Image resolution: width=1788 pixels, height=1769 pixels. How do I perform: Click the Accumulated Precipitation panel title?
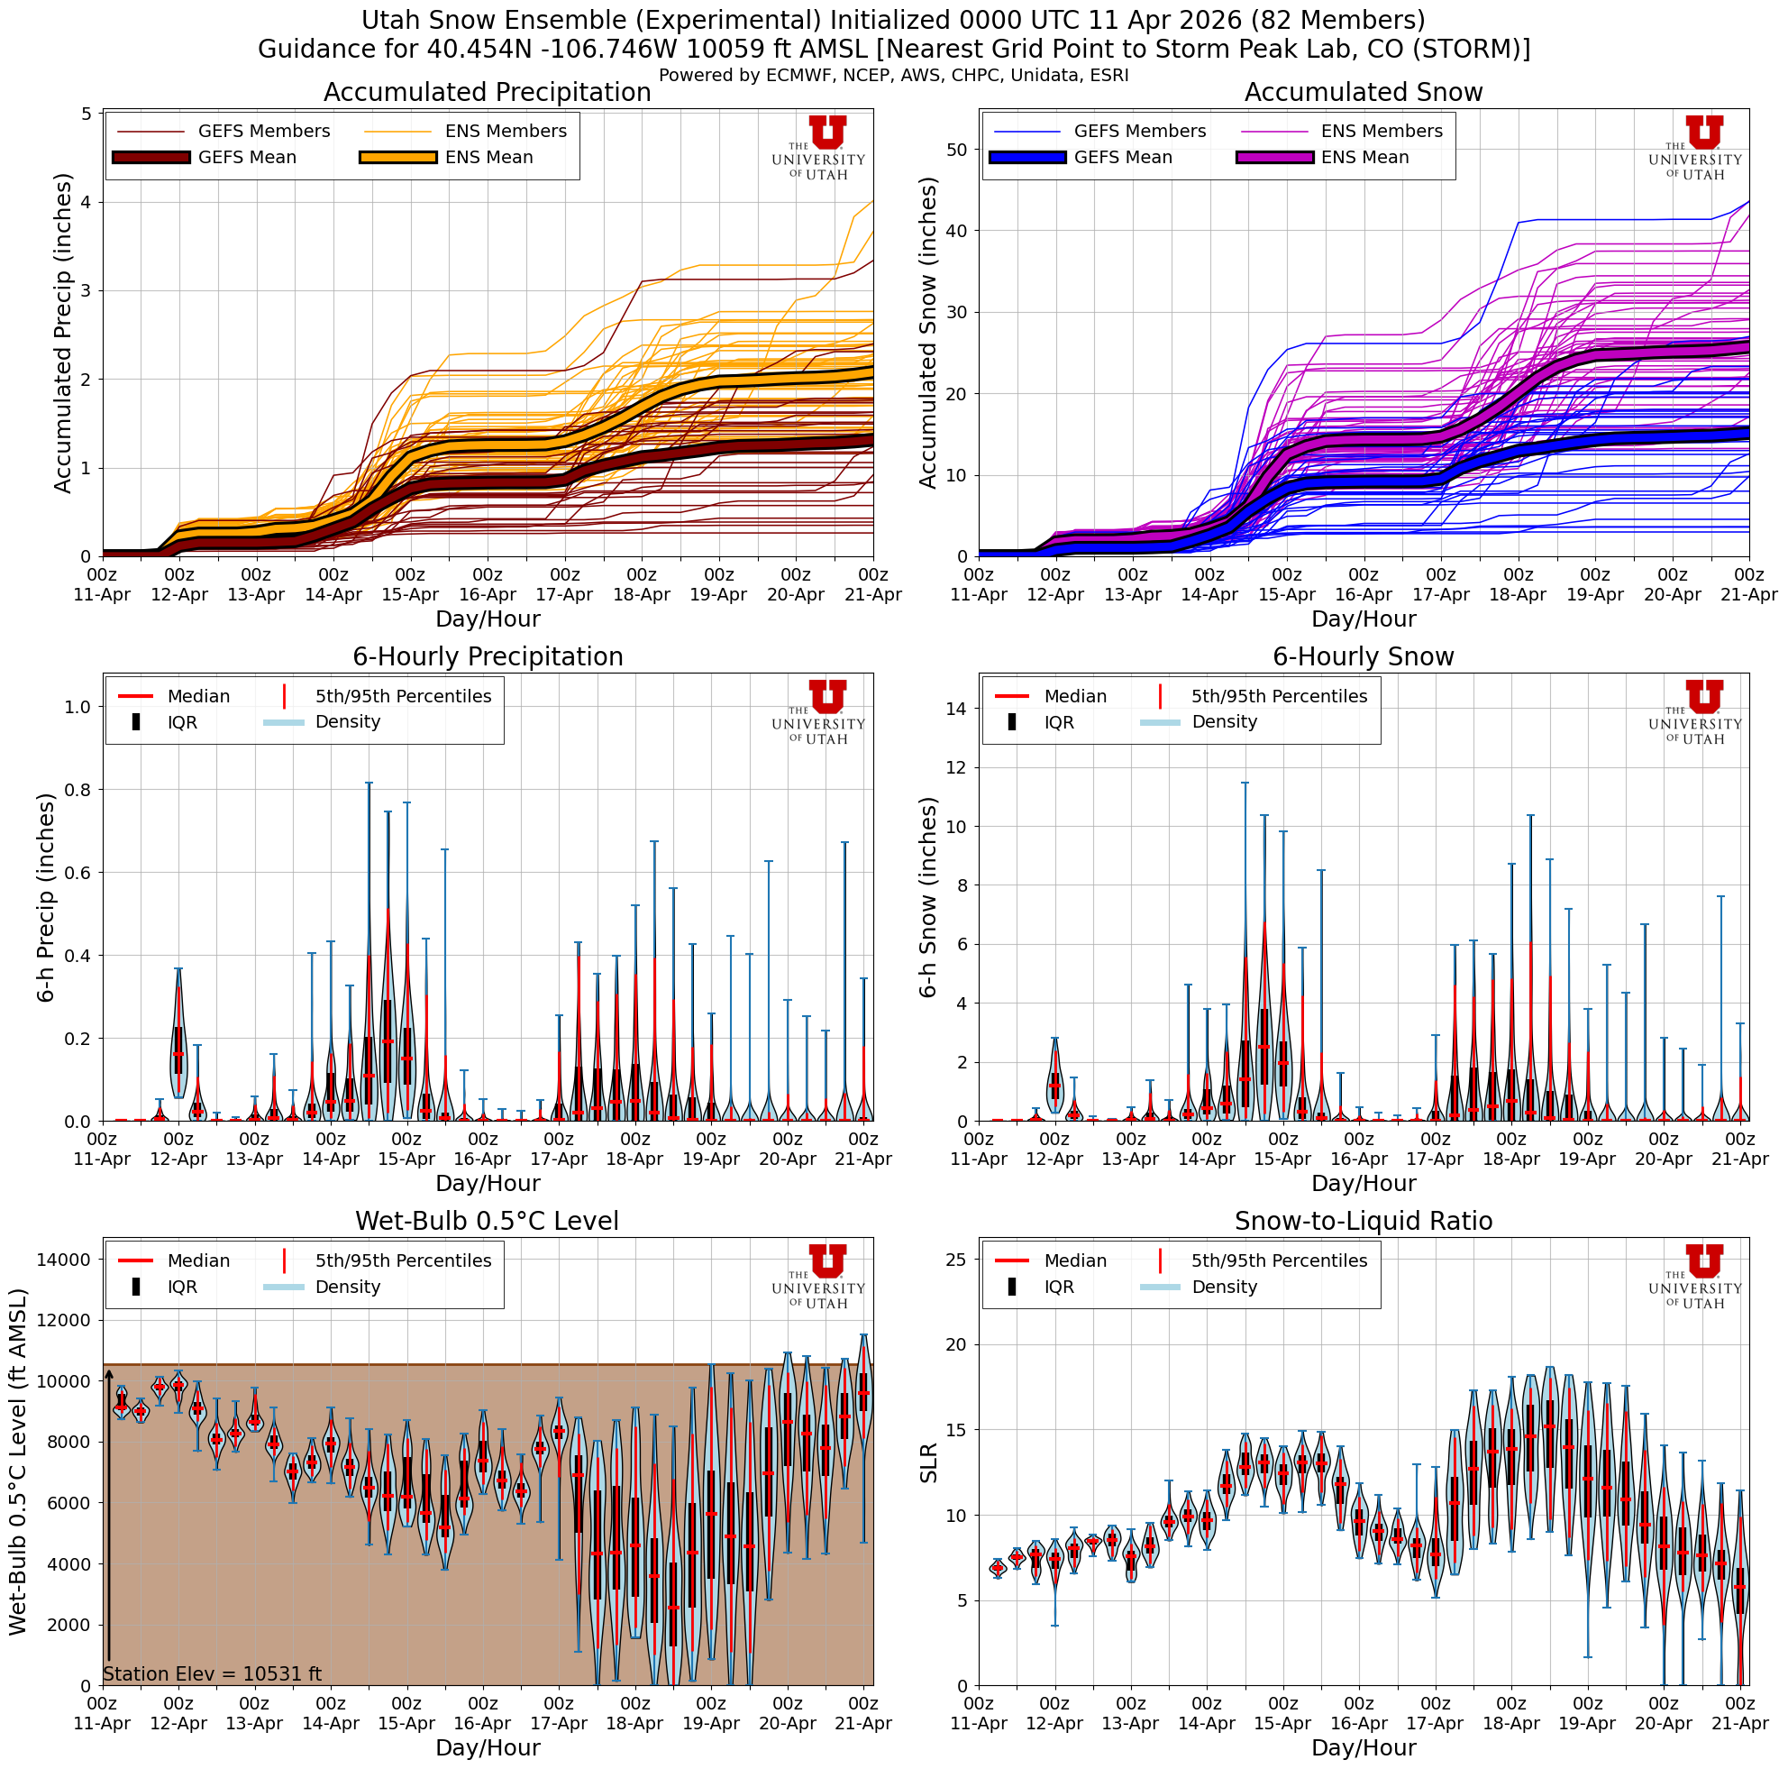click(487, 93)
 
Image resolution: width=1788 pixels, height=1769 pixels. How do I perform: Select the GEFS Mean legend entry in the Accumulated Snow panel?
click(1122, 158)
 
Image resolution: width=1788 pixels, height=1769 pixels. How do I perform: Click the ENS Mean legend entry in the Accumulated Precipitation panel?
click(488, 158)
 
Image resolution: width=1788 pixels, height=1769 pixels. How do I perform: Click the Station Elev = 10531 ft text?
click(212, 1673)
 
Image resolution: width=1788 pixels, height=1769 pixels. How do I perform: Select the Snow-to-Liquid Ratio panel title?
click(1363, 1221)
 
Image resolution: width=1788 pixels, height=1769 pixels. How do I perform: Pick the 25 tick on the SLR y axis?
click(956, 1259)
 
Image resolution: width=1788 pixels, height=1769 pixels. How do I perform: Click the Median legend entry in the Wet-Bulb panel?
click(198, 1260)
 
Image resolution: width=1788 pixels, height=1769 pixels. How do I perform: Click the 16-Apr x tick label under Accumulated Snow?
click(1364, 586)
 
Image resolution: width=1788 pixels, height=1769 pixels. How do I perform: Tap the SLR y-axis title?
click(929, 1462)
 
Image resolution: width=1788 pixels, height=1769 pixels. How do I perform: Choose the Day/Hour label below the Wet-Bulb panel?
click(487, 1747)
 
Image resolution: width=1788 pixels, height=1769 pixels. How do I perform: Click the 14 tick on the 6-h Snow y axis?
click(956, 709)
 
